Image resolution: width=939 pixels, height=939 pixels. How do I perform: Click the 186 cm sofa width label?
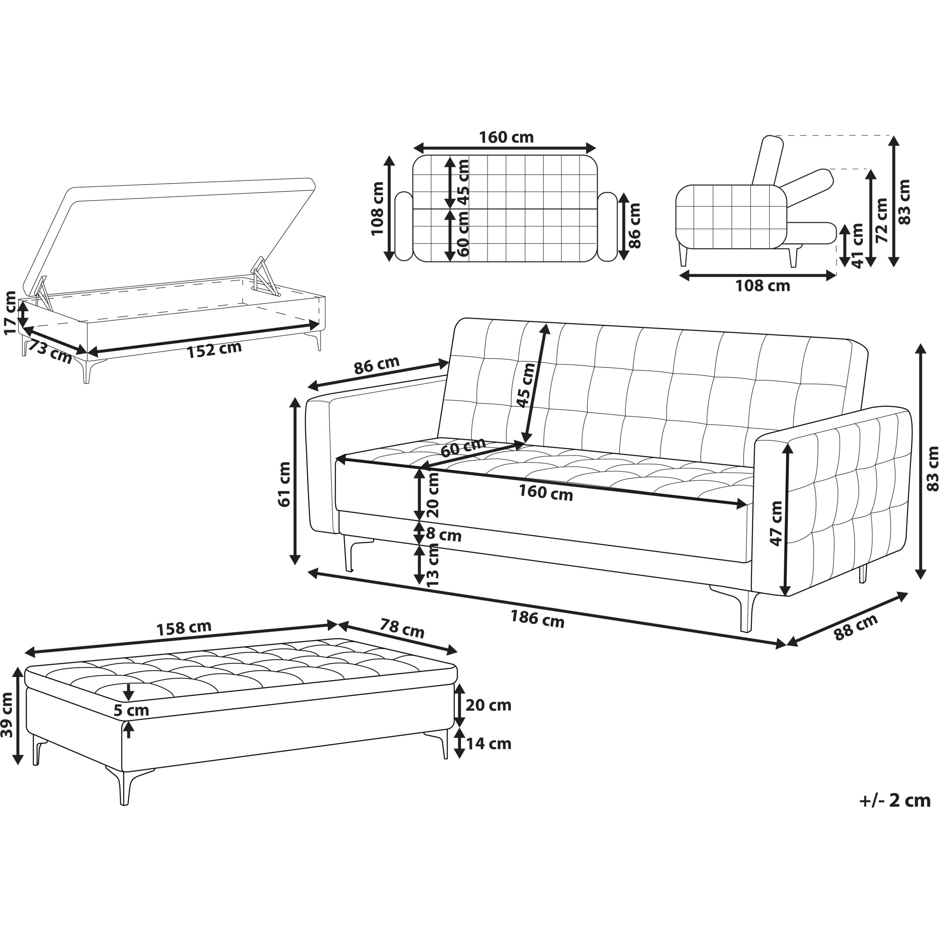coord(537,619)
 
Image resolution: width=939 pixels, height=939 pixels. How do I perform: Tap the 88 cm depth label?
coord(856,627)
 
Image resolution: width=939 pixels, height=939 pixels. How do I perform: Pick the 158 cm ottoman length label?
coord(184,628)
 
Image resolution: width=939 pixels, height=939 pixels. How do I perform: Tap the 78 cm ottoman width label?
coord(402,629)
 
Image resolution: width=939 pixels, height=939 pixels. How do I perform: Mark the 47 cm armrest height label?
coord(776,523)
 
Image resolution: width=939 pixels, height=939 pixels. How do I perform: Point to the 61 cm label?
coord(284,484)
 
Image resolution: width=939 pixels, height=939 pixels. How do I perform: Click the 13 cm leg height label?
coord(432,565)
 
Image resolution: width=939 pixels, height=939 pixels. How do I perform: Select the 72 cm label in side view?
coord(881,220)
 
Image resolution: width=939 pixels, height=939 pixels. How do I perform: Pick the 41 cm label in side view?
coord(857,246)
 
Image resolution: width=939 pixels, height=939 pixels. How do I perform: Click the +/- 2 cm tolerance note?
coord(895,801)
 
